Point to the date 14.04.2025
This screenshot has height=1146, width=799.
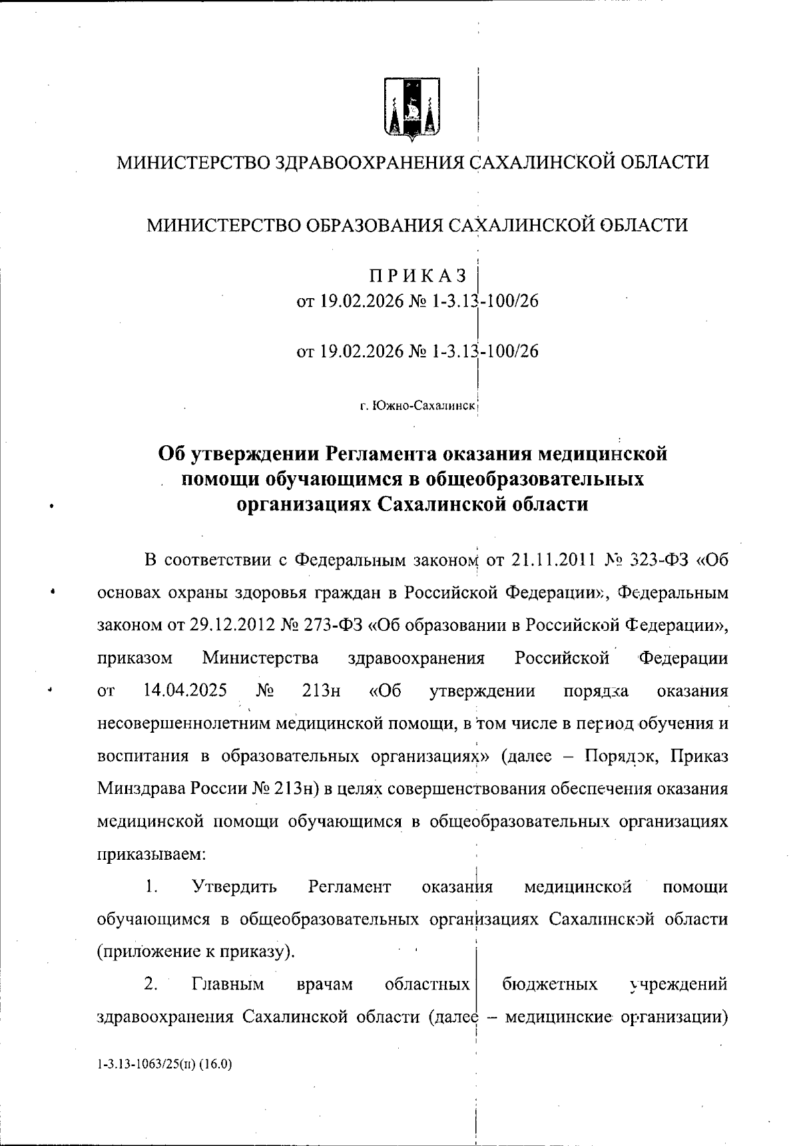click(x=185, y=690)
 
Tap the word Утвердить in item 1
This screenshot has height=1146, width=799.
click(x=234, y=887)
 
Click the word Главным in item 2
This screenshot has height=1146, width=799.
click(x=228, y=984)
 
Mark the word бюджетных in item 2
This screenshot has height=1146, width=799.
click(x=550, y=984)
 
